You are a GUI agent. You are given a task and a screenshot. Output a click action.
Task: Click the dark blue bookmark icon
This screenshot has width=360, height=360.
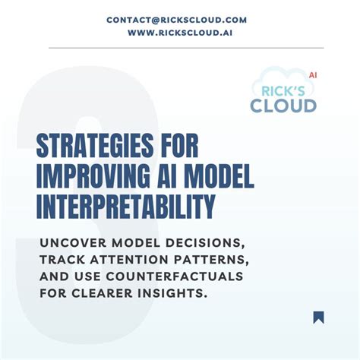(x=318, y=317)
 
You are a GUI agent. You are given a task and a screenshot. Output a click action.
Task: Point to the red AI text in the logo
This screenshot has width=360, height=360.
(x=312, y=75)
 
